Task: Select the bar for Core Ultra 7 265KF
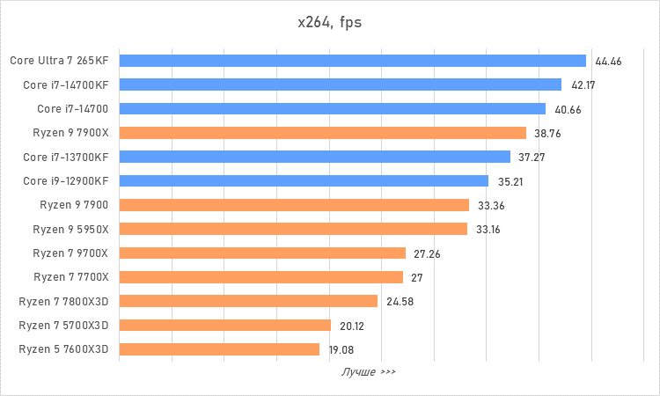click(352, 61)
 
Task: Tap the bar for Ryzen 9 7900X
click(322, 133)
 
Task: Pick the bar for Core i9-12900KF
click(304, 181)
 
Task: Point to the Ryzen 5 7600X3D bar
click(219, 349)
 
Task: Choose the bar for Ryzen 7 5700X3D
click(224, 326)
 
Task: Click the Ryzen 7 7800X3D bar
click(248, 301)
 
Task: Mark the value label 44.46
click(609, 62)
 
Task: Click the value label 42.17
click(584, 85)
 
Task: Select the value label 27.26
click(427, 253)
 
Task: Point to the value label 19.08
click(341, 349)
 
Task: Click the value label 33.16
click(489, 230)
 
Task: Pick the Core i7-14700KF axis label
click(66, 85)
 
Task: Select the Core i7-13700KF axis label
click(66, 158)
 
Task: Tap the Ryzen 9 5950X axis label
click(70, 230)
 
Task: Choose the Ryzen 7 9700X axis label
click(70, 253)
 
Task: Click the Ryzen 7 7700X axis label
click(70, 277)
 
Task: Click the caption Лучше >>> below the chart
click(369, 372)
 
